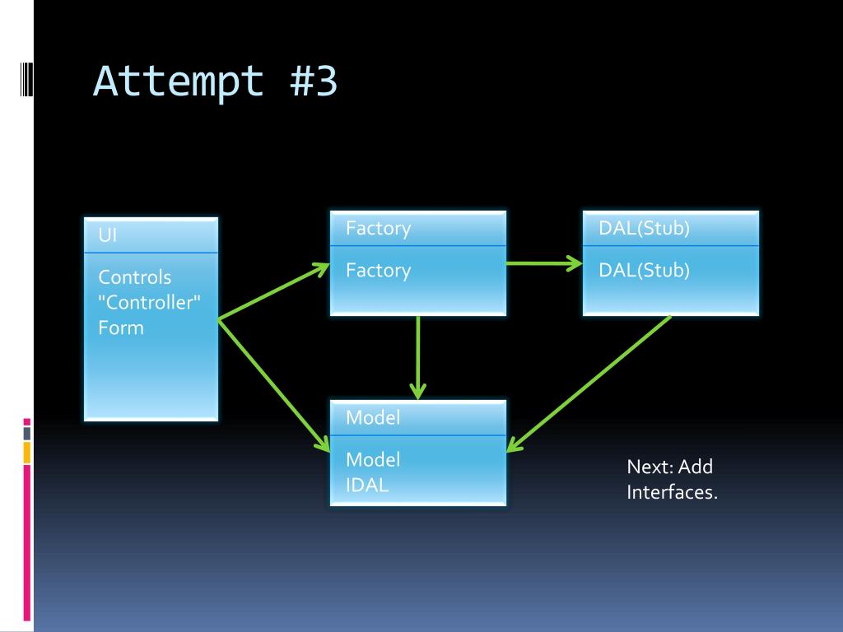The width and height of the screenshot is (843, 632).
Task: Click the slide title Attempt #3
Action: coord(215,82)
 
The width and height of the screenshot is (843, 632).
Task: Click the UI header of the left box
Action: coord(108,235)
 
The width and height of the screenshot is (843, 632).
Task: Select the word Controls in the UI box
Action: coord(135,277)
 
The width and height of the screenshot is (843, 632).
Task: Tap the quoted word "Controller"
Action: coord(150,302)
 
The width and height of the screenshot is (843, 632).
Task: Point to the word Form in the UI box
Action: coord(121,328)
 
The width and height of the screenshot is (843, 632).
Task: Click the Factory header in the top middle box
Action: coord(378,229)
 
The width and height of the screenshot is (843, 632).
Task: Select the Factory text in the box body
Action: coord(378,270)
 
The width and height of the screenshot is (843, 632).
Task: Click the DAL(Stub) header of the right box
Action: coord(644,229)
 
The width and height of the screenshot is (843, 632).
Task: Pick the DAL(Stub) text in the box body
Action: coord(644,270)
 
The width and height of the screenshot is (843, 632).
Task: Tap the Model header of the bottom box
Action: coord(373,418)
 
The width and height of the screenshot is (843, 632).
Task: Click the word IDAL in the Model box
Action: coord(367,485)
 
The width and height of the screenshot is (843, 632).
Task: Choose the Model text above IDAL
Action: coord(373,459)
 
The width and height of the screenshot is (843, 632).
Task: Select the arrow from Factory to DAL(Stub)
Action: coord(544,263)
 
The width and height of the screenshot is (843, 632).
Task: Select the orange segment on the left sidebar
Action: coord(26,452)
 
